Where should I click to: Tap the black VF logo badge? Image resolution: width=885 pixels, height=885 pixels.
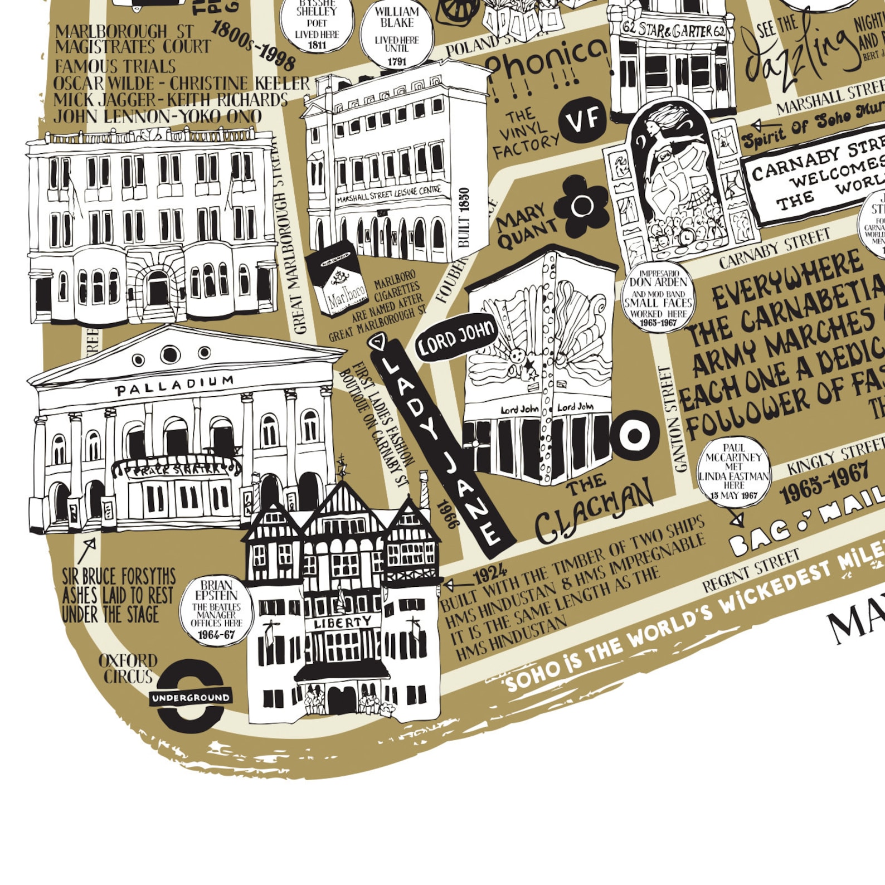[583, 119]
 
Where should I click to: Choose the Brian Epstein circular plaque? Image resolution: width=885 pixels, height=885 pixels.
[216, 611]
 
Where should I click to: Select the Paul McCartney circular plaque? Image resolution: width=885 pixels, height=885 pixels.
[734, 471]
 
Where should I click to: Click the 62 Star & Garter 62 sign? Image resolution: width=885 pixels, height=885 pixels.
[673, 30]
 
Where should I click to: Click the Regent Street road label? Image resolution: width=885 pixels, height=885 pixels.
[751, 571]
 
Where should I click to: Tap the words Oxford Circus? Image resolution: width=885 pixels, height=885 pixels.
[127, 668]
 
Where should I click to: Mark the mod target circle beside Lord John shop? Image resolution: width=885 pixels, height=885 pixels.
[634, 435]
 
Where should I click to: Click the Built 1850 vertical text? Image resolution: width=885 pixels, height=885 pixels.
[464, 217]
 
